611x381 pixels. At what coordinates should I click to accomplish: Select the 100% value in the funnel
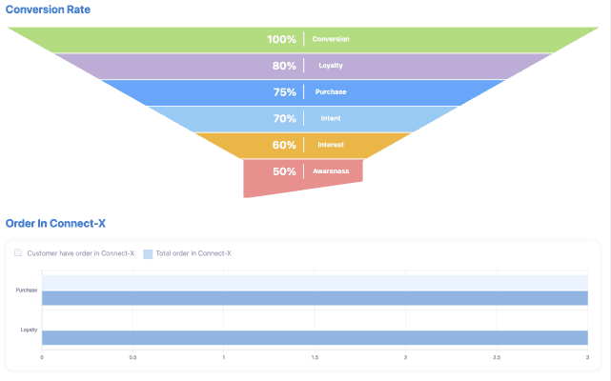pos(281,39)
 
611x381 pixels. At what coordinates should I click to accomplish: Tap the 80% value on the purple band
pos(283,66)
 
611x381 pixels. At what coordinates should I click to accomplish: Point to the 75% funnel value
pos(284,92)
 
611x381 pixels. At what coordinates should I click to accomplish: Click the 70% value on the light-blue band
pos(284,119)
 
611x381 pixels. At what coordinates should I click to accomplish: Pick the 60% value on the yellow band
pos(284,145)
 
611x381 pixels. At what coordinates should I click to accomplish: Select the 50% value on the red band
pos(284,171)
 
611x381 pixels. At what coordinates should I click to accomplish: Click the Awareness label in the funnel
pos(331,171)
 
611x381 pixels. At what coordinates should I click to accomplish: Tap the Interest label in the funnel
pos(331,145)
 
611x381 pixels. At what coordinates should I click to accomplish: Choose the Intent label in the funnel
pos(331,119)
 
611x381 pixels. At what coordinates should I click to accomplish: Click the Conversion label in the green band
pos(331,39)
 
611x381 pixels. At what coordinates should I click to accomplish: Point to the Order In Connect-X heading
pos(55,223)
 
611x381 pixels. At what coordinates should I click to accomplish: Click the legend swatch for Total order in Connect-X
pos(148,253)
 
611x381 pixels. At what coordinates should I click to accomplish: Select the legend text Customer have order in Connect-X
pos(80,253)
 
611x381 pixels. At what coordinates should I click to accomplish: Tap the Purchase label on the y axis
pos(27,290)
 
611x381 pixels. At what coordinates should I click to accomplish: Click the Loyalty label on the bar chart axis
pos(29,330)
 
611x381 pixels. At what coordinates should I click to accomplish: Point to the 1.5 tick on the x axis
pos(315,357)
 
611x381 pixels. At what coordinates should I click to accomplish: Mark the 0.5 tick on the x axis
pos(132,357)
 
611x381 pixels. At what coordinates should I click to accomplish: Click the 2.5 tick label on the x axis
pos(497,357)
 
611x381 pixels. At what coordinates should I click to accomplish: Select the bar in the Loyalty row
pos(315,337)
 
